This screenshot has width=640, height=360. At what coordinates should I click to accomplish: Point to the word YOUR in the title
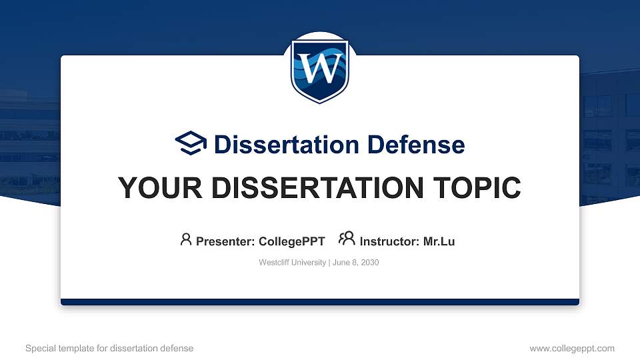[x=150, y=188]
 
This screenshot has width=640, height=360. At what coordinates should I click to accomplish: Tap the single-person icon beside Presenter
[x=186, y=239]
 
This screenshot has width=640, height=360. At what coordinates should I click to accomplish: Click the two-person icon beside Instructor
[x=347, y=239]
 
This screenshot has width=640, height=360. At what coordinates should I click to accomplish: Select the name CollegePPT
[x=291, y=241]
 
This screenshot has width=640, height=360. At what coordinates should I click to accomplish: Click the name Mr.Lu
[x=439, y=241]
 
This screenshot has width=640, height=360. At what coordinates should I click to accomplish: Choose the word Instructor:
[x=390, y=241]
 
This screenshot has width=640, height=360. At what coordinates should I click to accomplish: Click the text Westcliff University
[x=292, y=263]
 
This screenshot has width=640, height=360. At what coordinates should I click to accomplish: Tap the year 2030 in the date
[x=369, y=263]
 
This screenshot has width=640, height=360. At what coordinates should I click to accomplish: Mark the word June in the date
[x=339, y=263]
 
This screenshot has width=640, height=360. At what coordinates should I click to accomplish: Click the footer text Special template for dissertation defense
[x=109, y=348]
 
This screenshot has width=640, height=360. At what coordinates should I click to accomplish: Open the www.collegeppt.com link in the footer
[x=572, y=348]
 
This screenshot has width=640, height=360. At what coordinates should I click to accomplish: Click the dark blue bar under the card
[x=320, y=302]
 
